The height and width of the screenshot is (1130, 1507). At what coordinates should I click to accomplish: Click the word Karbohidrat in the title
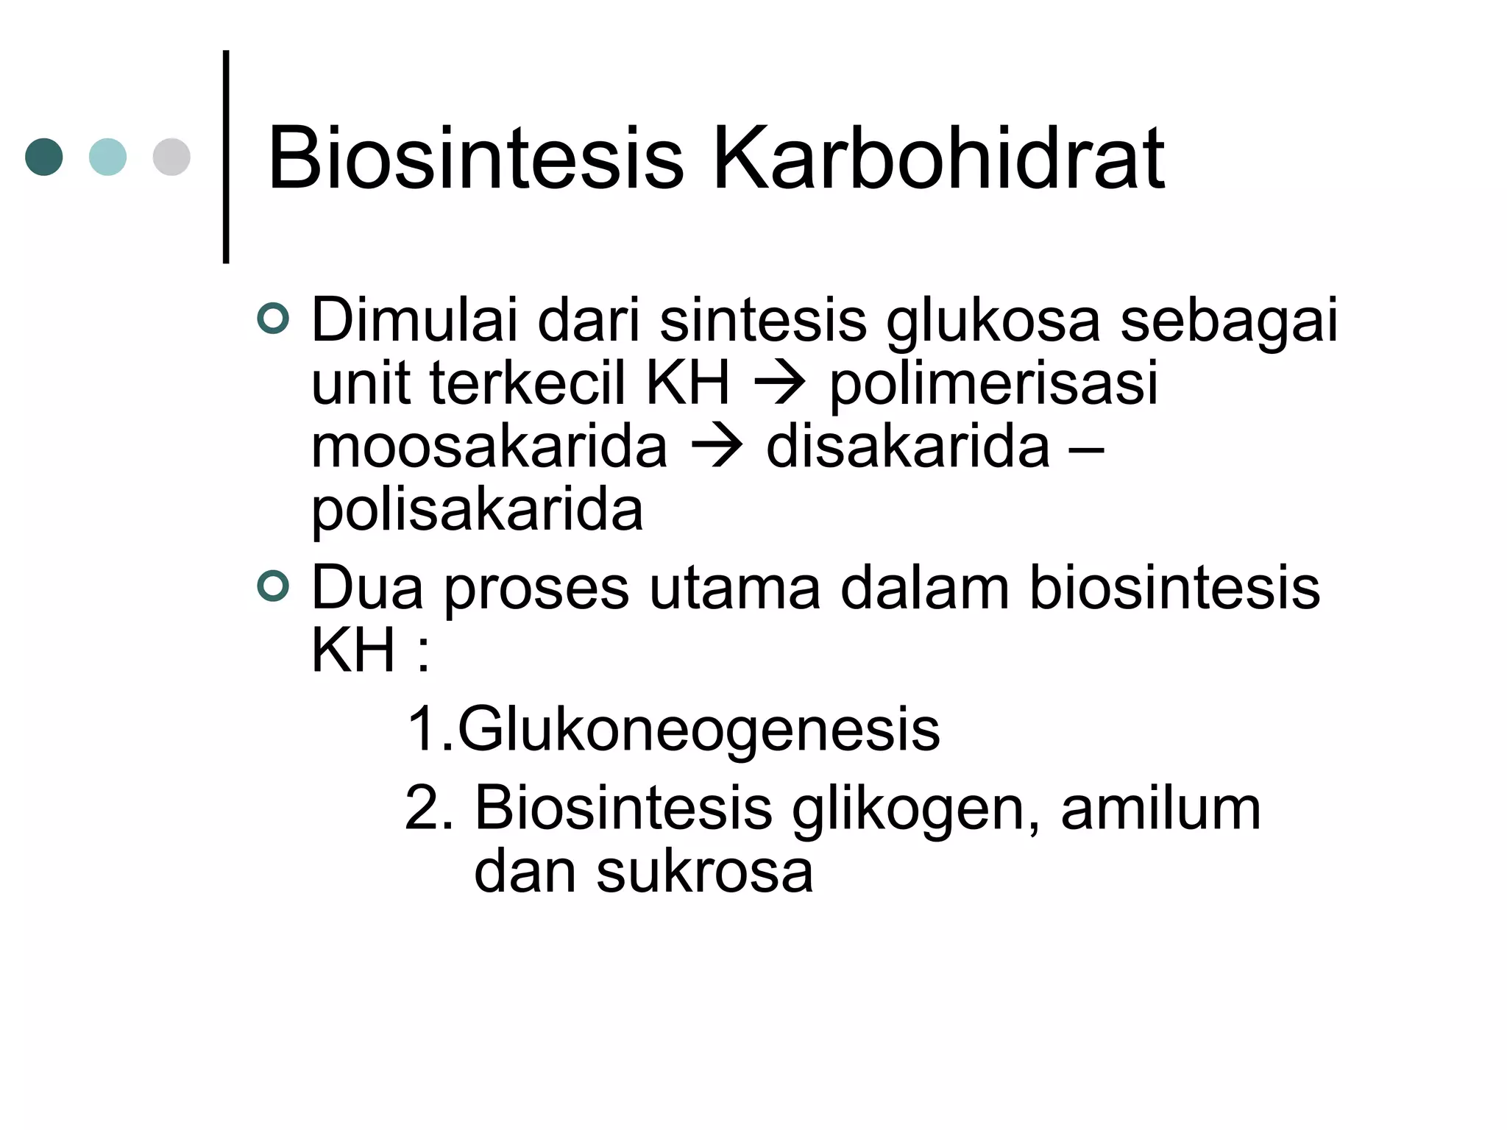[938, 158]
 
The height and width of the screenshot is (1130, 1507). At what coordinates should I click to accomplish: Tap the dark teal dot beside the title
[44, 157]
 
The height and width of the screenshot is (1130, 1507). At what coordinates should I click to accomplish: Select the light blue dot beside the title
[107, 157]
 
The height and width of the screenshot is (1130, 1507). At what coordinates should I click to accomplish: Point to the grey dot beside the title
[171, 157]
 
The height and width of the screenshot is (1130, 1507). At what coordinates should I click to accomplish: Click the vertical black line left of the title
[226, 157]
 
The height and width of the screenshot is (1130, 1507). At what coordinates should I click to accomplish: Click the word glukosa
[993, 321]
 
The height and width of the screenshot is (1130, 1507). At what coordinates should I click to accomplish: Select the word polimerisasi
[993, 384]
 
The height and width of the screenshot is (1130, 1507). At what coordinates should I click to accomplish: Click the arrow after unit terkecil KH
[780, 384]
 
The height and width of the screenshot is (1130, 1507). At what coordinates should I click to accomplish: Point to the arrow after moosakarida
[717, 447]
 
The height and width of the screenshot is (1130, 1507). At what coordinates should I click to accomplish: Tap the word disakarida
[907, 447]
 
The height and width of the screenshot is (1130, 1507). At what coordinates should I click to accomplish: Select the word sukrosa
[704, 872]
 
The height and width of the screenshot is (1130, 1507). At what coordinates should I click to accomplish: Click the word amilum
[1160, 808]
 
